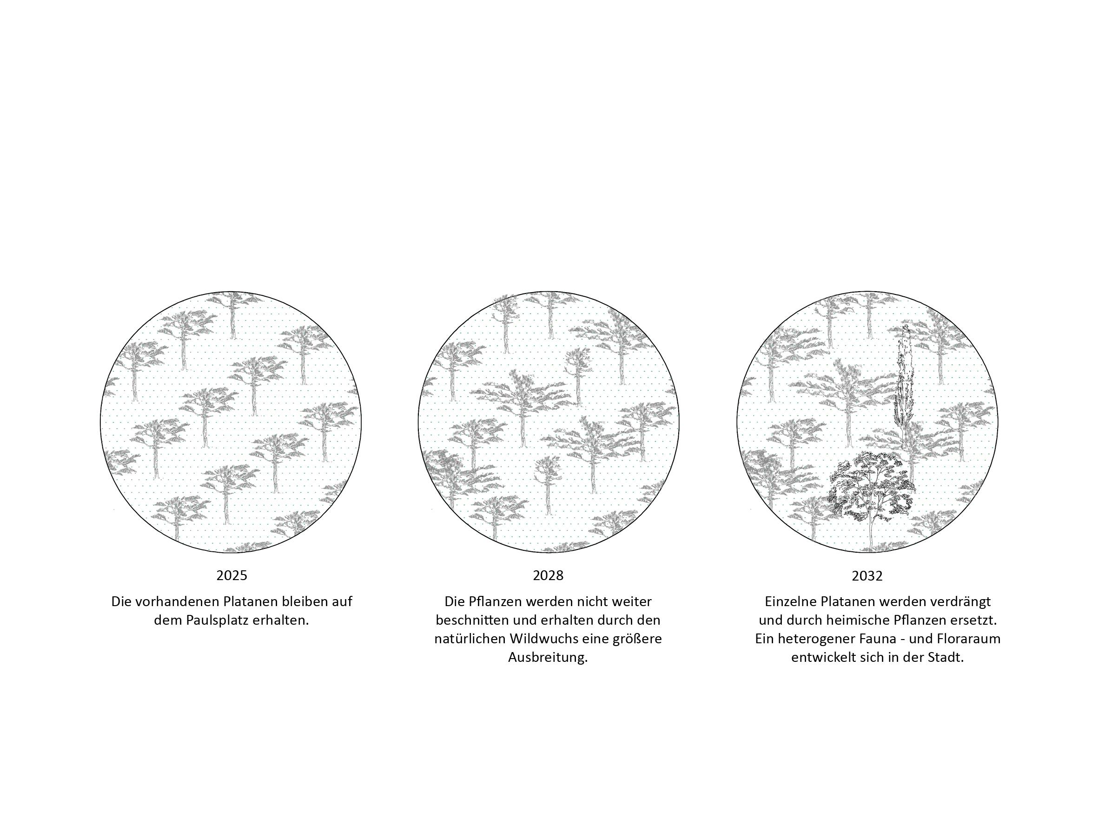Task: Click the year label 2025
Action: (x=232, y=575)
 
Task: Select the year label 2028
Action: (x=548, y=575)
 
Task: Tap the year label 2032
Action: (x=867, y=576)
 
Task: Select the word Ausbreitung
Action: (x=548, y=658)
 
